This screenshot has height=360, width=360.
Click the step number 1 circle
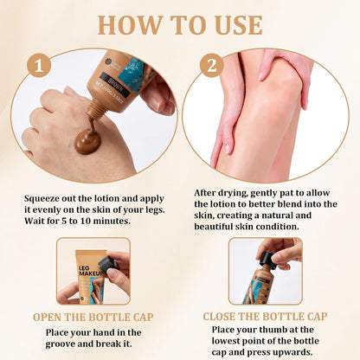(39, 65)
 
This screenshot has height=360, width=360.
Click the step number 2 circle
(212, 65)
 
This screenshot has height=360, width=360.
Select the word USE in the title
(238, 25)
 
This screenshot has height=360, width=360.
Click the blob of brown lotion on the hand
(88, 140)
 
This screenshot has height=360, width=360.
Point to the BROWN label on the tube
(116, 83)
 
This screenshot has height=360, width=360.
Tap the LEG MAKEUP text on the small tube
(91, 271)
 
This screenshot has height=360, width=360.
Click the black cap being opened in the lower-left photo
(108, 263)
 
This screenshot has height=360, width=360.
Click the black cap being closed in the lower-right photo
(267, 259)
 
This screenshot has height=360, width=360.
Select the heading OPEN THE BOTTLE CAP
(93, 317)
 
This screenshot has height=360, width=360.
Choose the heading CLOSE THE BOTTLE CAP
(265, 317)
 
